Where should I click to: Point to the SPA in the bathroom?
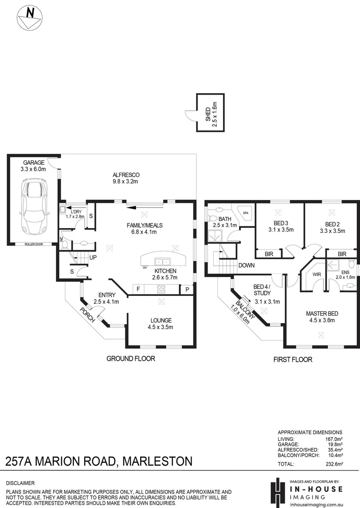click(246, 213)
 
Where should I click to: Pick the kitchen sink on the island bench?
click(163, 262)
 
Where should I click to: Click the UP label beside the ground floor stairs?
click(93, 258)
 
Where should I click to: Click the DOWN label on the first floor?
click(246, 265)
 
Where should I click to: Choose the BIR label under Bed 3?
click(268, 254)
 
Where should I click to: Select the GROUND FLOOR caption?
click(131, 358)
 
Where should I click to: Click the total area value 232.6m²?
click(332, 464)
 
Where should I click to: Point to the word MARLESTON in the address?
click(157, 461)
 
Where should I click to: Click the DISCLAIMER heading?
click(20, 483)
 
